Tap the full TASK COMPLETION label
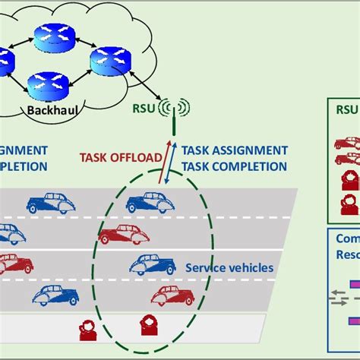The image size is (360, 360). pos(232,166)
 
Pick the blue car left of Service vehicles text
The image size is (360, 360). pos(153,264)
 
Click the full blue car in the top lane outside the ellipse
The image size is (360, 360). pos(51,203)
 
